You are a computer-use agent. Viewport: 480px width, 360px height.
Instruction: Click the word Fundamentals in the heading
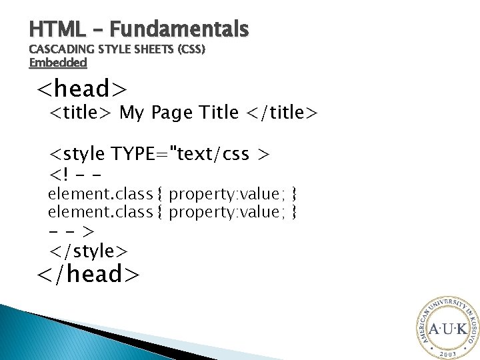179,29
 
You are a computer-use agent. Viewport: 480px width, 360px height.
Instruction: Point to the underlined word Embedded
59,63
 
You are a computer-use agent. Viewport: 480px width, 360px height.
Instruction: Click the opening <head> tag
81,88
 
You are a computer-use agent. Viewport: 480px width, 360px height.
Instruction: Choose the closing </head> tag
88,273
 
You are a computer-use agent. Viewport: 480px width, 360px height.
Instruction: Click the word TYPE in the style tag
141,155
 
